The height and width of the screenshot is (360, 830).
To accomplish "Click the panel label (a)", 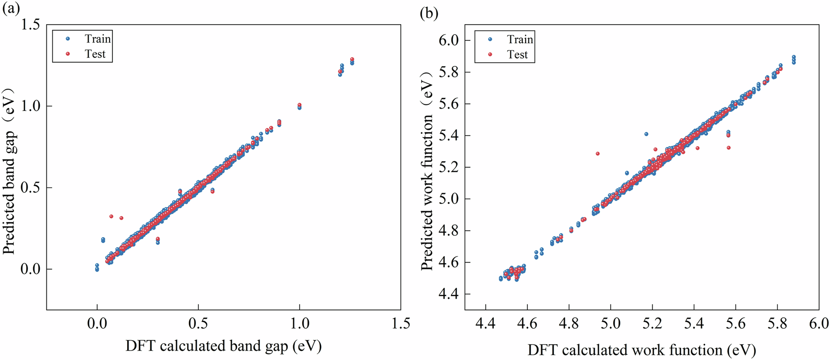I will [10, 9].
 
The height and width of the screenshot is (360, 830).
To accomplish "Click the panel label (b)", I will [429, 13].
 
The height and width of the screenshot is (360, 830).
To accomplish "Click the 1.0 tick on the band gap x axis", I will [299, 324].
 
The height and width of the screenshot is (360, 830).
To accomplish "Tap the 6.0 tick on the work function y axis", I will [448, 40].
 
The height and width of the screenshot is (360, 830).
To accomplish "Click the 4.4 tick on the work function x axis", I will [485, 324].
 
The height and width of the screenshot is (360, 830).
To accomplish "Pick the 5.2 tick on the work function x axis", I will [652, 324].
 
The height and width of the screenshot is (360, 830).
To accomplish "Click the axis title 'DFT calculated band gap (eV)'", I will [223, 346].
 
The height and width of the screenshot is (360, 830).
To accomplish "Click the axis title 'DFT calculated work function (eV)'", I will [641, 350].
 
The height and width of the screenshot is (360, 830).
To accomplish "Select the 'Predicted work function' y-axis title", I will [428, 171].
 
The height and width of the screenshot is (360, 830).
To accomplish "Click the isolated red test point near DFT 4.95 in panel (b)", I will [598, 154].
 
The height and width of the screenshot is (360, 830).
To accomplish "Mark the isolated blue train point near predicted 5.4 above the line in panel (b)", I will [646, 134].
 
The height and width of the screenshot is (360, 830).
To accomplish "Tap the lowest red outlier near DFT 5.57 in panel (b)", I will [729, 148].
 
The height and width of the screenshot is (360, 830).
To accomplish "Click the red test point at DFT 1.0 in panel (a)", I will [299, 105].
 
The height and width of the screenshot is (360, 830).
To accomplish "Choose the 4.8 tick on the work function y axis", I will [448, 231].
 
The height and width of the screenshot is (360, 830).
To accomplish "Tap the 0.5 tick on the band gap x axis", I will [198, 324].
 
